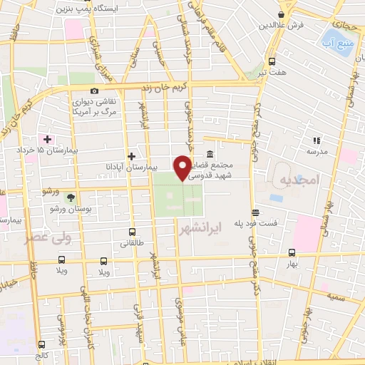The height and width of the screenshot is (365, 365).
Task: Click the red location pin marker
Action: pyautogui.click(x=183, y=168)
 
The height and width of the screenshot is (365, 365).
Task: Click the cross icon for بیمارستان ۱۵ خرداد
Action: pyautogui.click(x=47, y=139)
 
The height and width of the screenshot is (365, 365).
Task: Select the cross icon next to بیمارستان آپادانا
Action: pyautogui.click(x=130, y=156)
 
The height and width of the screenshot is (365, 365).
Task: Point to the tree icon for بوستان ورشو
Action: pyautogui.click(x=70, y=197)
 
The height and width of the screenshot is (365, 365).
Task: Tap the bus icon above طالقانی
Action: pyautogui.click(x=132, y=231)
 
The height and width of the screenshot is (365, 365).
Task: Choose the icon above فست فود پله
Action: pyautogui.click(x=255, y=212)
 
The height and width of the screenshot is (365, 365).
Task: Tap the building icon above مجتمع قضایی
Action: pyautogui.click(x=210, y=154)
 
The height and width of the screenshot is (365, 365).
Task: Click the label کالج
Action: pyautogui.click(x=44, y=355)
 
